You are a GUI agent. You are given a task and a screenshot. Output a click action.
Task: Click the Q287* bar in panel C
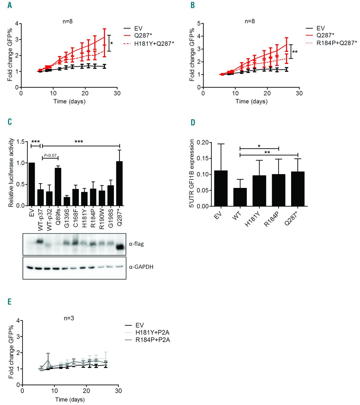[119, 184]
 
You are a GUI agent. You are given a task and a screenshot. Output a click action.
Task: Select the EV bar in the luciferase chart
[32, 184]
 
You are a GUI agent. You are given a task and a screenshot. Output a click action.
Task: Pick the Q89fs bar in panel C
[58, 187]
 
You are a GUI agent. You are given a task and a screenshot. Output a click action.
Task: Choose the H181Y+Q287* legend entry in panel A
[154, 43]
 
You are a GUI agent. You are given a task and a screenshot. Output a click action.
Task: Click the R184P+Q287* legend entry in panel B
[337, 43]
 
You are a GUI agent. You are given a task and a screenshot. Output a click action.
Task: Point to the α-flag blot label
[136, 244]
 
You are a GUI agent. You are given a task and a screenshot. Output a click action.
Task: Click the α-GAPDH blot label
[141, 267]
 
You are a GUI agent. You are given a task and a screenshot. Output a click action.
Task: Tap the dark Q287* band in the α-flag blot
[120, 247]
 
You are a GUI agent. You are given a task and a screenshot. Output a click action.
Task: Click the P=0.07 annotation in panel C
[50, 155]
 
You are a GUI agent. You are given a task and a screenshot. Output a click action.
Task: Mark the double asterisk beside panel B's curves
[295, 52]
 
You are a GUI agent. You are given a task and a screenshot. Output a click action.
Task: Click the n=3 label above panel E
[69, 318]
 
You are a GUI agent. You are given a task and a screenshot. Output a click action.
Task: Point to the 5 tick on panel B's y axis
[199, 23]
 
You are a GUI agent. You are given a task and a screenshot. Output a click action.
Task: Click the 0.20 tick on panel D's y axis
[203, 142]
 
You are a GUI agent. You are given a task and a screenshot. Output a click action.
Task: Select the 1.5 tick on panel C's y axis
[21, 142]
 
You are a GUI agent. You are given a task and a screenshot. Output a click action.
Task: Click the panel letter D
[193, 122]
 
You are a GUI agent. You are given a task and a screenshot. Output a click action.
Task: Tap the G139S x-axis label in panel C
[67, 219]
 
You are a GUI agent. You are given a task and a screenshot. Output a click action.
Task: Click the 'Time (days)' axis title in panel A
[69, 102]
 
